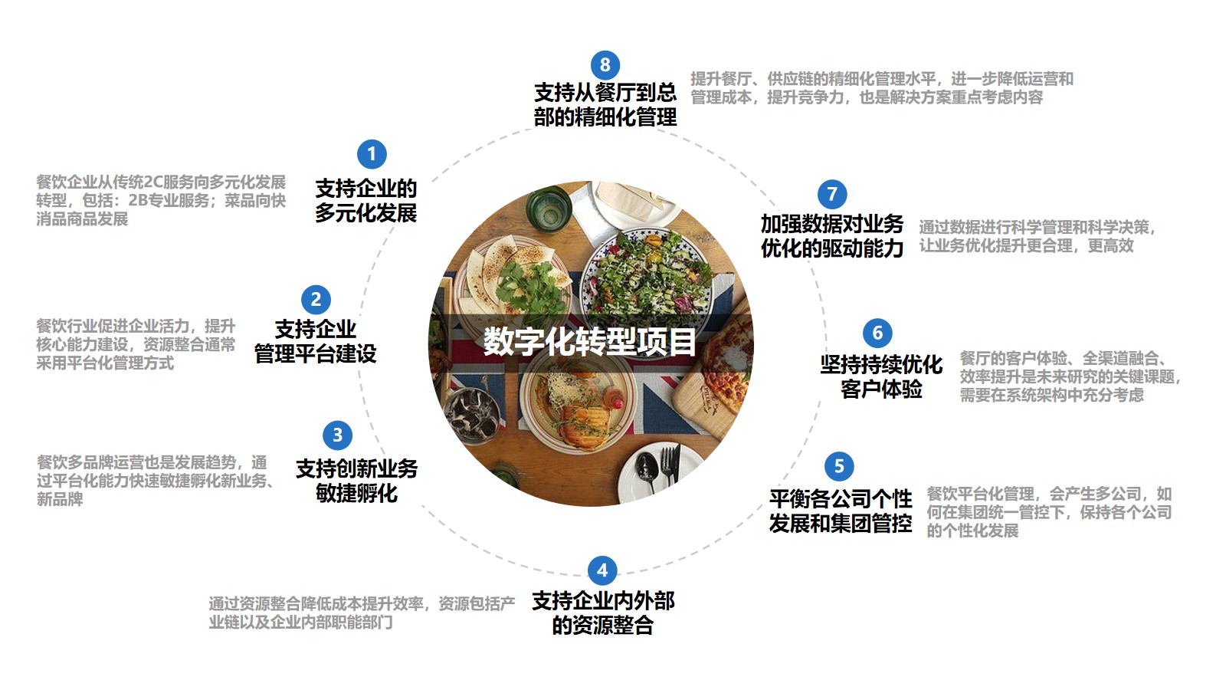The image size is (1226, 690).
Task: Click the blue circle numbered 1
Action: (372, 154)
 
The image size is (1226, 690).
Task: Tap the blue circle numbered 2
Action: (316, 300)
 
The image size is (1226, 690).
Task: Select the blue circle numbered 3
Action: (337, 435)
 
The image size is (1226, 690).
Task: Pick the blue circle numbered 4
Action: (602, 570)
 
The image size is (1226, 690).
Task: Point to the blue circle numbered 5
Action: (839, 466)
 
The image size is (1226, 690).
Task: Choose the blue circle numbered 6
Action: (877, 333)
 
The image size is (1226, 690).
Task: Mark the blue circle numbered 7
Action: (832, 194)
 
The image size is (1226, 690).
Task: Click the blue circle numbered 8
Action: (605, 64)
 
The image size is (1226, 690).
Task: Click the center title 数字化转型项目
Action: (590, 342)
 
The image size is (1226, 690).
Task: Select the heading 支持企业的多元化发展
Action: (366, 200)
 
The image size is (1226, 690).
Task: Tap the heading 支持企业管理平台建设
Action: (315, 342)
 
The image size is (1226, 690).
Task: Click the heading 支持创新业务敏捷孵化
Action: (356, 481)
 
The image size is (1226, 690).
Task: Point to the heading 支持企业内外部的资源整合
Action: (603, 613)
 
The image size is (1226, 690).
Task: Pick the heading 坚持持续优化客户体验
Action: (881, 376)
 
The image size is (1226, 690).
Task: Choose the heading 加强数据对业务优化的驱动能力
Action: (832, 236)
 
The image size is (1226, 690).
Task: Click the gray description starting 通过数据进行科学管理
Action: (1036, 236)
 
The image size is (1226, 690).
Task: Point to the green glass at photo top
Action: (549, 205)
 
